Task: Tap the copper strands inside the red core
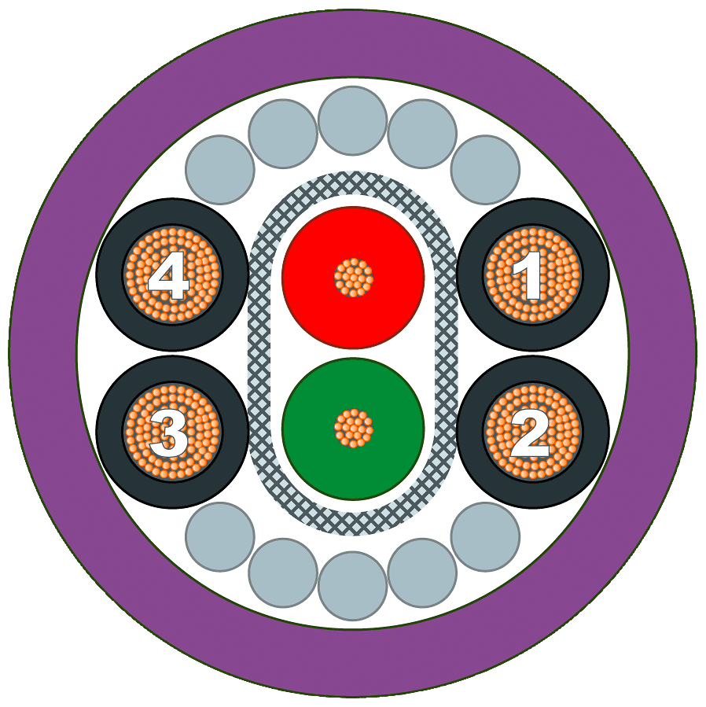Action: tap(353, 278)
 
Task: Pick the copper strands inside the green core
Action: tap(353, 429)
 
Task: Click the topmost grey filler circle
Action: tap(353, 120)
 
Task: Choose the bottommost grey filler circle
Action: tap(353, 586)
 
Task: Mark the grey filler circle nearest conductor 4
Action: tap(220, 170)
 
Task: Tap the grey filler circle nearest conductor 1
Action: tap(485, 170)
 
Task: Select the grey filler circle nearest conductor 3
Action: tap(220, 537)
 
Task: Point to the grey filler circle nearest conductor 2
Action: tap(485, 537)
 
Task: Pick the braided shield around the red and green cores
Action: tap(259, 353)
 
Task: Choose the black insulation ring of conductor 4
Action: tap(109, 274)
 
